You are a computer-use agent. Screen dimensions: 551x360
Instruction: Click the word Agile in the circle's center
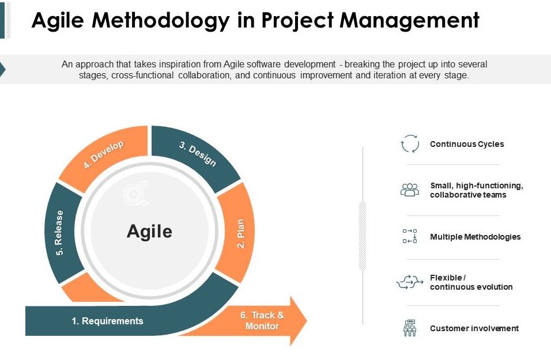click(x=149, y=232)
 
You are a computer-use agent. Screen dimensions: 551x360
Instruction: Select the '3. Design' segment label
click(x=198, y=153)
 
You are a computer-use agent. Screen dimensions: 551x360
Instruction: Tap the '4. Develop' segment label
click(x=104, y=154)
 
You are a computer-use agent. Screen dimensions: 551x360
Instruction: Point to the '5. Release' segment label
click(x=59, y=233)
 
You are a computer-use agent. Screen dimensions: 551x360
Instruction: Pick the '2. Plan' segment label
click(x=240, y=233)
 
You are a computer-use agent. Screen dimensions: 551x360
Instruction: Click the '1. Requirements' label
click(x=107, y=321)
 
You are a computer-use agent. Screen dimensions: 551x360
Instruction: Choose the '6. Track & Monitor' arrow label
click(x=262, y=321)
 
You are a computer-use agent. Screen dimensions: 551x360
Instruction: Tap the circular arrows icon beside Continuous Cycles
click(x=410, y=143)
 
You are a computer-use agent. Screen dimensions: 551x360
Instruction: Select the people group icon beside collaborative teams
click(x=410, y=190)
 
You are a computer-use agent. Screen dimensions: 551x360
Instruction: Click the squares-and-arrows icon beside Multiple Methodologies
click(x=410, y=236)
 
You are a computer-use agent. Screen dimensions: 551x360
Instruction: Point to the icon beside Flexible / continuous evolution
click(x=410, y=282)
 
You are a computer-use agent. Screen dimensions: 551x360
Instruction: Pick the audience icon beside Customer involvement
click(x=410, y=328)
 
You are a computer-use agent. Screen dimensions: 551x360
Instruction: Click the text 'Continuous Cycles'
click(x=467, y=144)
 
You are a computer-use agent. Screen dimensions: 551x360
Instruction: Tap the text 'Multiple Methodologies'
click(x=475, y=237)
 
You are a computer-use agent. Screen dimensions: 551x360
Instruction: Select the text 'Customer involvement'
click(x=474, y=328)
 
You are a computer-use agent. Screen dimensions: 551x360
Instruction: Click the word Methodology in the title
click(x=161, y=20)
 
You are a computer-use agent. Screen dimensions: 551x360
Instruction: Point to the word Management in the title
click(x=410, y=20)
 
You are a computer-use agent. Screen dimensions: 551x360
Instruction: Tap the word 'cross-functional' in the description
click(x=142, y=75)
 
